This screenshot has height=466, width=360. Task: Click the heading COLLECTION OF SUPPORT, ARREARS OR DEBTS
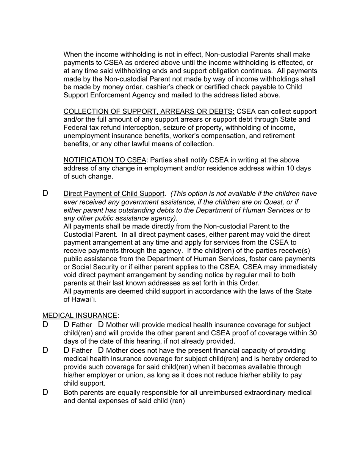click(149, 111)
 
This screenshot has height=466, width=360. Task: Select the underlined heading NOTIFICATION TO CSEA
click(105, 160)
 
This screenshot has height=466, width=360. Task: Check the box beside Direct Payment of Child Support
click(45, 193)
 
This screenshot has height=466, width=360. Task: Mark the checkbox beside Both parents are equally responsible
click(45, 392)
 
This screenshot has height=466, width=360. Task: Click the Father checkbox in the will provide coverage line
click(66, 325)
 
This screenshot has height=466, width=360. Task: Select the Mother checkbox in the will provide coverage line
click(101, 325)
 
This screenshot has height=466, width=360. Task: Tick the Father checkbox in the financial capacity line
click(66, 350)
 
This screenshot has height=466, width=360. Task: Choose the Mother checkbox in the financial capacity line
click(101, 350)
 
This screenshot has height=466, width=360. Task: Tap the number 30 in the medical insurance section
click(313, 333)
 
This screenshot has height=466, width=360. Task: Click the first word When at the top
click(73, 55)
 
